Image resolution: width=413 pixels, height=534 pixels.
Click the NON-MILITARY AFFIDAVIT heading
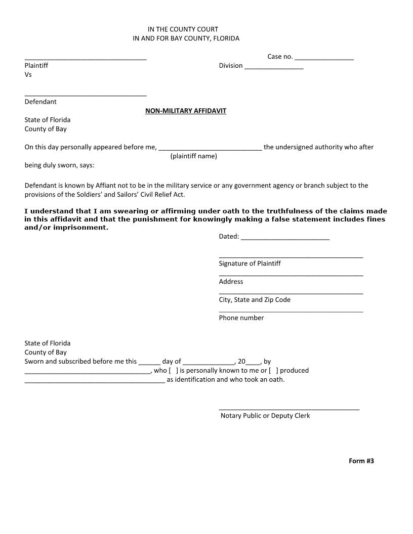186,111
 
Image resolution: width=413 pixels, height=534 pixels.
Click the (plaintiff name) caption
193,156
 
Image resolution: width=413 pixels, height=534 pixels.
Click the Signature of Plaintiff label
250,263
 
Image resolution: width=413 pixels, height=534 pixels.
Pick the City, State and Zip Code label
255,300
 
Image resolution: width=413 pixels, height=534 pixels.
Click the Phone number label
241,318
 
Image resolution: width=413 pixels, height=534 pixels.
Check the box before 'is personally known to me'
173,371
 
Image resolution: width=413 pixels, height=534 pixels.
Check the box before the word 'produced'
273,371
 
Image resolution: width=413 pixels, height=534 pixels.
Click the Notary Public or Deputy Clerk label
265,416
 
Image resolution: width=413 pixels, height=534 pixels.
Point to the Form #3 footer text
361,461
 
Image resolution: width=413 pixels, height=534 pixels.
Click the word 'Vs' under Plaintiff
28,75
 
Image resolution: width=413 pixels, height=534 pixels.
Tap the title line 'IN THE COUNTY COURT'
183,29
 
